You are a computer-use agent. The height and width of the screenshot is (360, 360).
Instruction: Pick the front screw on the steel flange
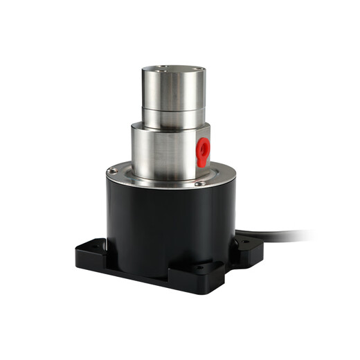(199, 183)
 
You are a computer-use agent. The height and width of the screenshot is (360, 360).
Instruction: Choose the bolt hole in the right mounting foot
(243, 242)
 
